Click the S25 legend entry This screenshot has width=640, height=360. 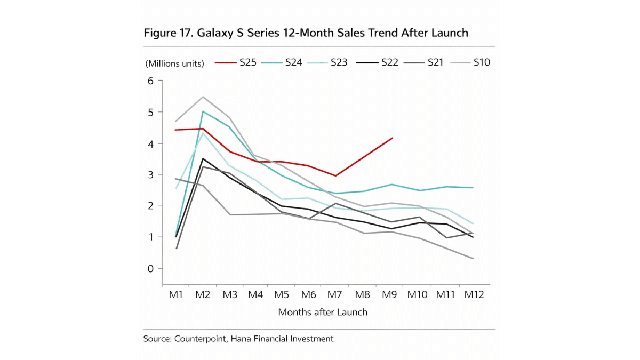coord(236,62)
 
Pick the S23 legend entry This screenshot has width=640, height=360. coord(327,62)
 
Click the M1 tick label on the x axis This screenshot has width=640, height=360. coord(176,294)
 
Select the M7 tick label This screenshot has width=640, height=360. coord(335,294)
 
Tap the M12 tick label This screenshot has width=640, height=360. coord(474,294)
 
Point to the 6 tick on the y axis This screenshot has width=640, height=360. coord(150,81)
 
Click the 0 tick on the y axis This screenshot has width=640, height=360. coord(150,269)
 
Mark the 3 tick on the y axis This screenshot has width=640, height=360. coord(150,175)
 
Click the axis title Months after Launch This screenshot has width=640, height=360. coord(323,312)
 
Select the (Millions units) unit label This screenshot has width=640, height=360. coord(174,63)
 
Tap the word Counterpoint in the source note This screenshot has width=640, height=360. coord(201,339)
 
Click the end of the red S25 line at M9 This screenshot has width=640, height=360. coord(393,138)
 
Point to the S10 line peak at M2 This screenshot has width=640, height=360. coord(203,97)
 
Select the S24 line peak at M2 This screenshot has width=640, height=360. coord(203,111)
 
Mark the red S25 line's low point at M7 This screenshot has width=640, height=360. coord(335,175)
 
